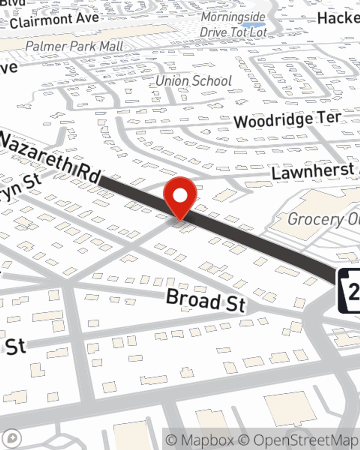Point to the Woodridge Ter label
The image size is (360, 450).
pyautogui.click(x=287, y=120)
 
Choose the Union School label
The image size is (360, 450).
pyautogui.click(x=194, y=81)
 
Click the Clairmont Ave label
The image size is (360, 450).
pyautogui.click(x=54, y=20)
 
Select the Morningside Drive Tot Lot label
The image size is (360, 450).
pyautogui.click(x=233, y=24)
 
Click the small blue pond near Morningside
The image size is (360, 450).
pyautogui.click(x=248, y=25)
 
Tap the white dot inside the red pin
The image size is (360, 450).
pyautogui.click(x=180, y=196)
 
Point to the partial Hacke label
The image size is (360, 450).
pyautogui.click(x=338, y=18)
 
